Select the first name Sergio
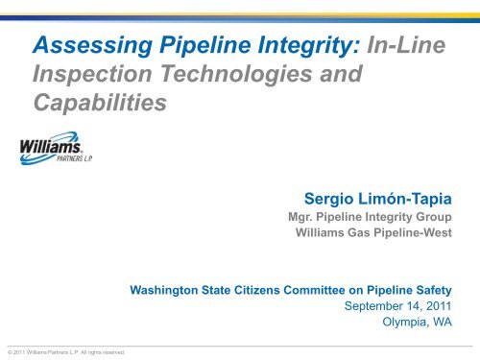[332, 201]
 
